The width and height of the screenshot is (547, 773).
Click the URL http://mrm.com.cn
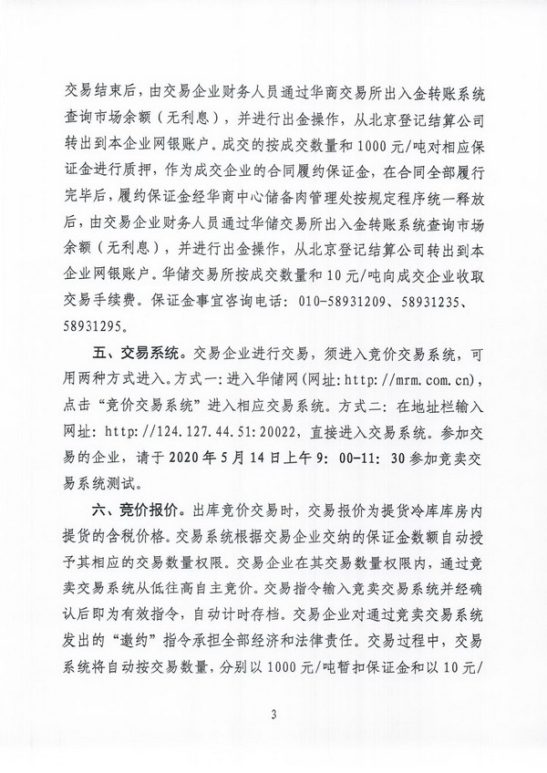(420, 376)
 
